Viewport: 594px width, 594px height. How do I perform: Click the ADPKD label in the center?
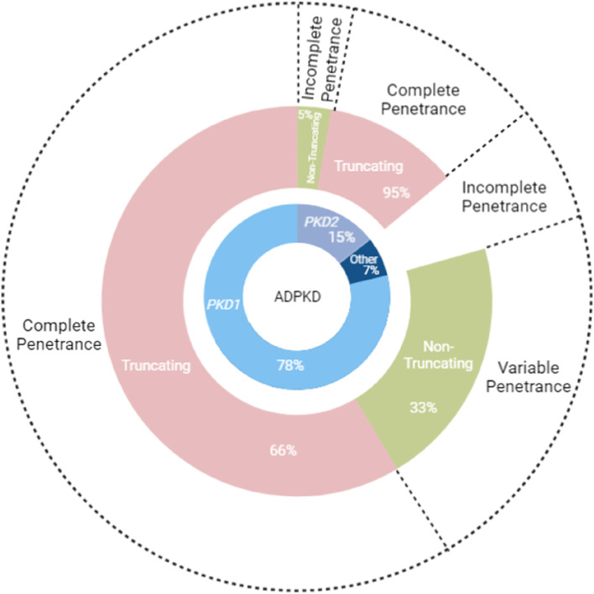[x=297, y=297]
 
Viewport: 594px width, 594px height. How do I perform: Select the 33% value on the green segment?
[x=423, y=408]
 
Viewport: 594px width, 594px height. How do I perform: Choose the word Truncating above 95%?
[x=369, y=167]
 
